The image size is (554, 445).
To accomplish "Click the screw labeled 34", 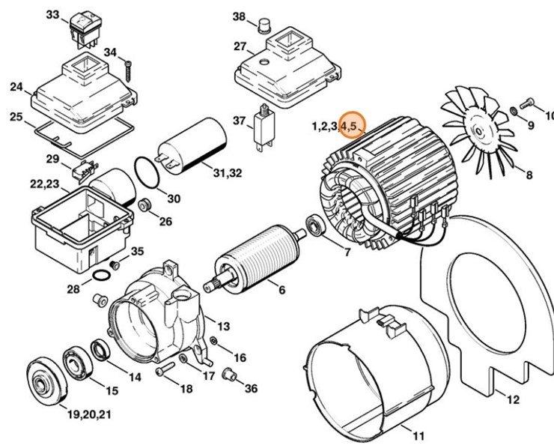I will pyautogui.click(x=130, y=67).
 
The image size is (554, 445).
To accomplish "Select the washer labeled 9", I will pyautogui.click(x=514, y=112).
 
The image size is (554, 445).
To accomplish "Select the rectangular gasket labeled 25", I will pyautogui.click(x=63, y=139).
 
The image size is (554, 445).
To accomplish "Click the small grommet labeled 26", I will pyautogui.click(x=144, y=205).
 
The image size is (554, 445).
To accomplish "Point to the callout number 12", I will pyautogui.click(x=513, y=401).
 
